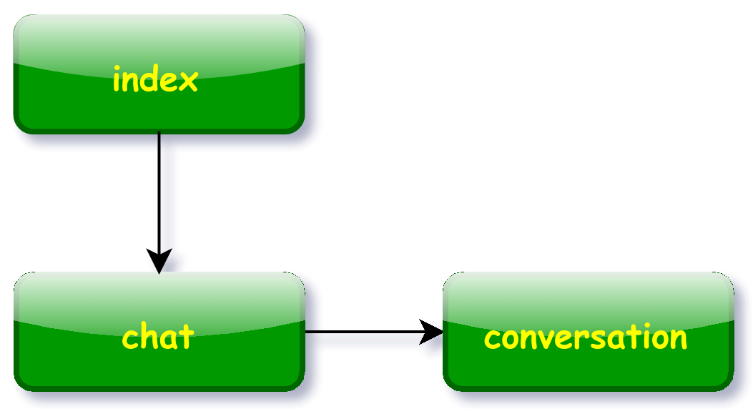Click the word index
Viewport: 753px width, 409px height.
pos(155,79)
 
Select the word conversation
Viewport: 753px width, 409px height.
pos(586,337)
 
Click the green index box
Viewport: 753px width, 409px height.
pos(159,74)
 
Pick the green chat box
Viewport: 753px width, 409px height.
pos(159,332)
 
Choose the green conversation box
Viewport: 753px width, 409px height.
pos(589,332)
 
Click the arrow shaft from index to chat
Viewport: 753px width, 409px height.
pos(159,192)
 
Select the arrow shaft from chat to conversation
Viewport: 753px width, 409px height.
pos(363,332)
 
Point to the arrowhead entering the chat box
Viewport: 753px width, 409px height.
pos(159,261)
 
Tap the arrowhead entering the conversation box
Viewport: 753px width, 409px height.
pos(430,332)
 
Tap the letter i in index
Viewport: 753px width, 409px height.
pos(117,79)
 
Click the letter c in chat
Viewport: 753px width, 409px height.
pos(131,340)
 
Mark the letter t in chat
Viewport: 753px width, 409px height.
pos(187,337)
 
